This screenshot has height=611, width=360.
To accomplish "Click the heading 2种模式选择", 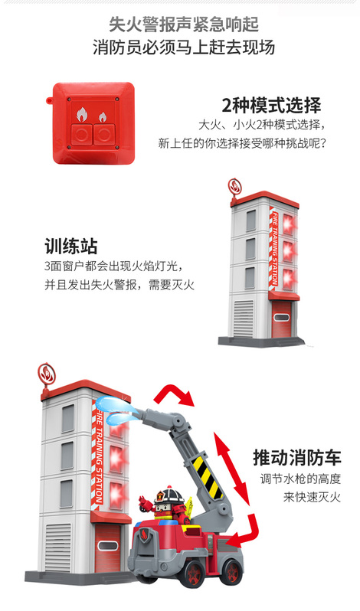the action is pyautogui.click(x=272, y=105).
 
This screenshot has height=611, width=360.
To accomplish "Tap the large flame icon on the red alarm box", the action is pyautogui.click(x=82, y=115).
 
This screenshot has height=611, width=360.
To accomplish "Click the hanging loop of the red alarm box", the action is pyautogui.click(x=50, y=100).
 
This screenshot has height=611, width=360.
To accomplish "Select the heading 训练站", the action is pyautogui.click(x=71, y=247).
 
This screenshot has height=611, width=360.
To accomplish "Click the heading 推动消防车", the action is pyautogui.click(x=297, y=457).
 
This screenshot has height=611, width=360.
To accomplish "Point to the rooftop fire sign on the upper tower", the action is pyautogui.click(x=235, y=187).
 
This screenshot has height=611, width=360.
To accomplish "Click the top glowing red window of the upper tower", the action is pyautogui.click(x=289, y=224).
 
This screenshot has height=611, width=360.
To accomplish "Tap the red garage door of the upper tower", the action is pyautogui.click(x=281, y=319).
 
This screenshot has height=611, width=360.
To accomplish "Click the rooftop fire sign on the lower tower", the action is pyautogui.click(x=47, y=375).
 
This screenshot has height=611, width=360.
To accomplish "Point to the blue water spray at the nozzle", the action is pyautogui.click(x=117, y=409).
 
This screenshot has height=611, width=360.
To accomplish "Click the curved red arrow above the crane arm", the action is pyautogui.click(x=174, y=396).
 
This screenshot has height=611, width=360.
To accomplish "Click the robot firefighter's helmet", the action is pyautogui.click(x=169, y=496).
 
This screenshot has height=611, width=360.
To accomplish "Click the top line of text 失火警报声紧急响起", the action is pyautogui.click(x=184, y=25).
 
